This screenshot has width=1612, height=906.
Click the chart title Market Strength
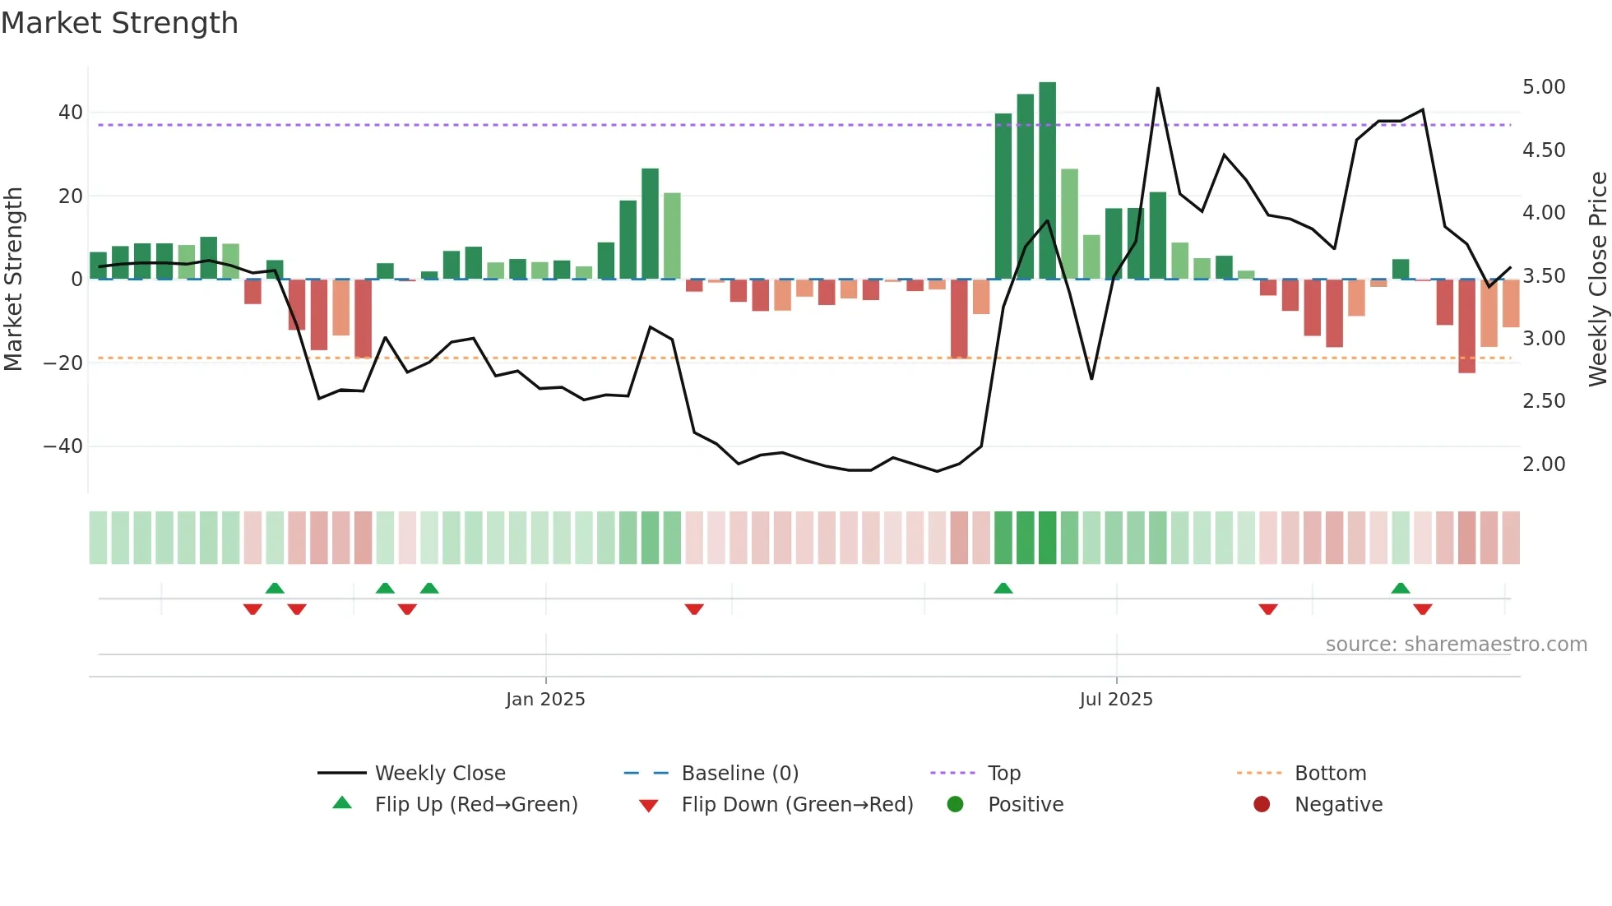coord(119,23)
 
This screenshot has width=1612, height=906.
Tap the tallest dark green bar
coord(1047,181)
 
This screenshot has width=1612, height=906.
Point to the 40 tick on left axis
coord(71,113)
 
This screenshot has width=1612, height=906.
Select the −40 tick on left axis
coord(63,446)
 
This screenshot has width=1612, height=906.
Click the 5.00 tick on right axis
coord(1544,87)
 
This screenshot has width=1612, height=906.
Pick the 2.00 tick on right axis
coord(1544,465)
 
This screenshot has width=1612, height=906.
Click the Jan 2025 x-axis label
coord(545,700)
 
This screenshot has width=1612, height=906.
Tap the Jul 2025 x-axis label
coord(1116,700)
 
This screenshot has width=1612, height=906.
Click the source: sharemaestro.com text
coord(1456,645)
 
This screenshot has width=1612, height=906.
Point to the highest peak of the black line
coord(1157,88)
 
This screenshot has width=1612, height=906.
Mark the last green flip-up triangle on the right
coord(1401,589)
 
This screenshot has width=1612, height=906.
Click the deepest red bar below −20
coord(1466,326)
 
